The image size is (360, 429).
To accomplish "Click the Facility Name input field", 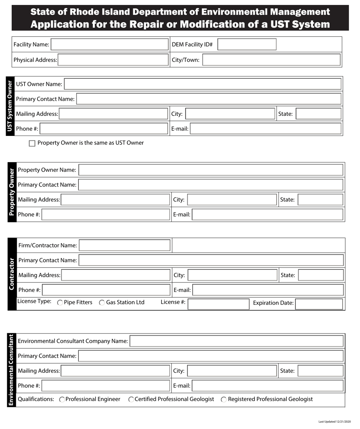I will click(x=109, y=44).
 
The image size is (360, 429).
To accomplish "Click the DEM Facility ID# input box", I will click(x=247, y=44).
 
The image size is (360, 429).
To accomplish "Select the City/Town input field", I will click(x=271, y=60).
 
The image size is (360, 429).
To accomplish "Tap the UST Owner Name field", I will click(x=203, y=84).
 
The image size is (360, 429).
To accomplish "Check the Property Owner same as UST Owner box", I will click(x=32, y=143).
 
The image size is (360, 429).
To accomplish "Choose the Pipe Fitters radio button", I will click(x=60, y=303).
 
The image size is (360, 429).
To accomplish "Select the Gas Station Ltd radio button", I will click(x=102, y=303).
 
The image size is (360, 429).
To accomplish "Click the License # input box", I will click(x=218, y=304).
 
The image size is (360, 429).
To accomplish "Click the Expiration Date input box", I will click(x=319, y=304).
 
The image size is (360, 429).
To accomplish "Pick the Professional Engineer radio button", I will click(x=62, y=399).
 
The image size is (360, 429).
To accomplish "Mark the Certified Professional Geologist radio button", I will click(x=131, y=399).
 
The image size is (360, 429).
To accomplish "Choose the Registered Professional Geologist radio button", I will click(x=224, y=399).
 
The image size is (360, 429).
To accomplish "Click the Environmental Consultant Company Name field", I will click(x=236, y=341).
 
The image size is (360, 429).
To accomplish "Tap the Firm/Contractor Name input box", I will click(x=125, y=245).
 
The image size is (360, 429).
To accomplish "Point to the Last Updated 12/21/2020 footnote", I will click(x=335, y=421).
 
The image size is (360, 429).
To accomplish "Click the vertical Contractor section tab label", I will click(x=12, y=274).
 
